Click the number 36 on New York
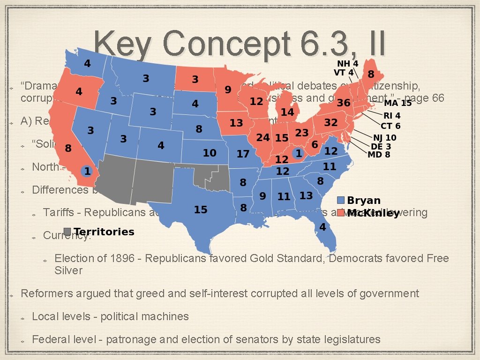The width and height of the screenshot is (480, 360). [x=344, y=103]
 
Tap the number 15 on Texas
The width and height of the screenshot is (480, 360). [x=201, y=210]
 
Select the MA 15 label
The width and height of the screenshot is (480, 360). [x=398, y=103]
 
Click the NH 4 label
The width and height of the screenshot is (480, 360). [x=348, y=63]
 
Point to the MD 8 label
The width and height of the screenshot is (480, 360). [x=379, y=154]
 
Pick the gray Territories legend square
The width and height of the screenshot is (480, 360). [x=67, y=232]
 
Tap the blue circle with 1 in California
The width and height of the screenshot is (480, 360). [x=87, y=172]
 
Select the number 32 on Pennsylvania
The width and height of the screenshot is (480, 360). [x=331, y=122]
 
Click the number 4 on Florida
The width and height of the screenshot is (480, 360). [x=322, y=227]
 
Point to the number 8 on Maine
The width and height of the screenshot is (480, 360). [x=371, y=74]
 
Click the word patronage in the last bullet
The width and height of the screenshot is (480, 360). [x=132, y=339]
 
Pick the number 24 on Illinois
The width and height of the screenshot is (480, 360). [x=263, y=137]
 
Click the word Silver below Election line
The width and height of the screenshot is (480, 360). [x=68, y=270]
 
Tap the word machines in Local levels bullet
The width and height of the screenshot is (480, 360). [x=167, y=316]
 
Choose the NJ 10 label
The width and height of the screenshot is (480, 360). [x=384, y=138]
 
